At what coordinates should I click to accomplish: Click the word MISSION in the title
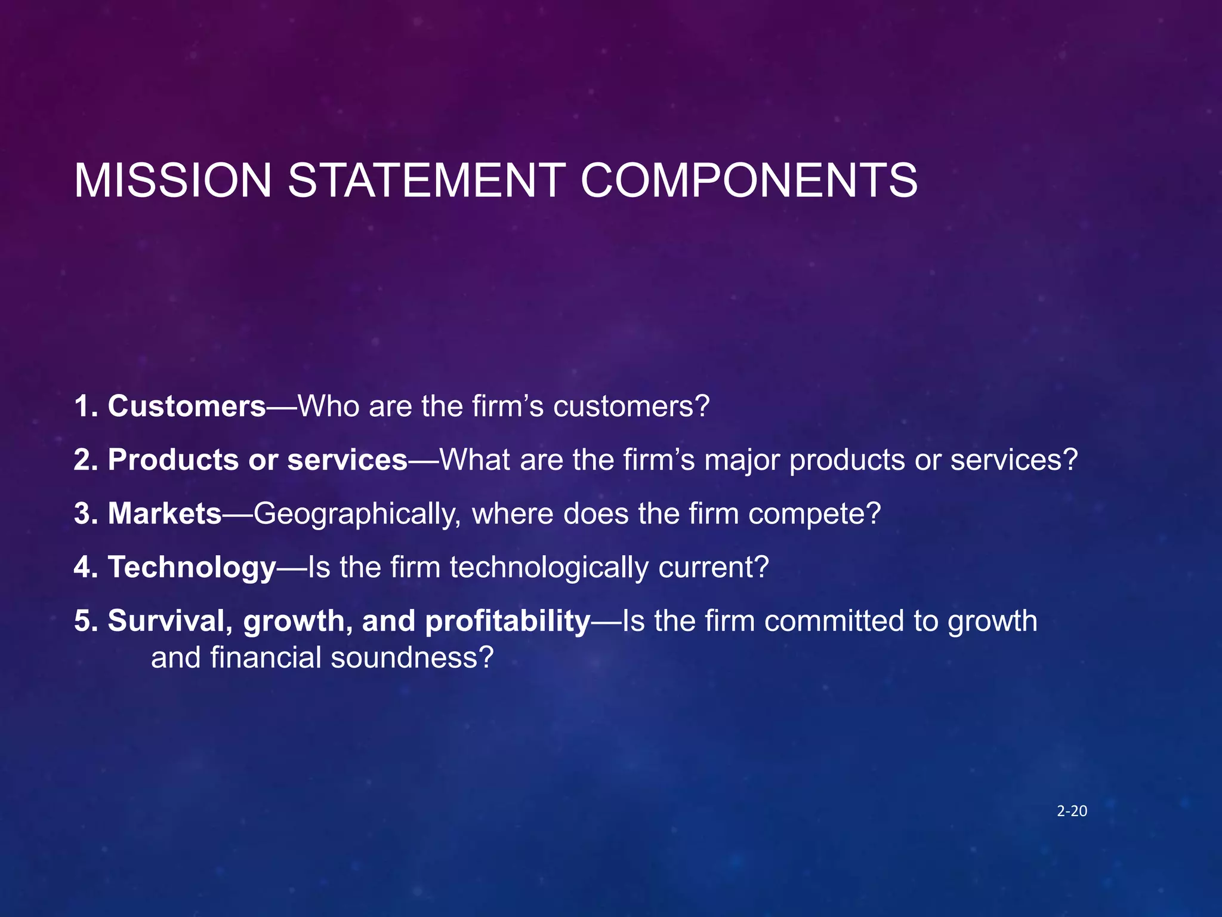173,180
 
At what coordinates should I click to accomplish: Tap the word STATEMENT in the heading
427,180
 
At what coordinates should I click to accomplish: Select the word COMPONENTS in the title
749,180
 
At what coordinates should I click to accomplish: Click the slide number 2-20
1072,811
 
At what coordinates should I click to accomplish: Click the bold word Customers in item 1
187,406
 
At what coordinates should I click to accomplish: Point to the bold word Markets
165,513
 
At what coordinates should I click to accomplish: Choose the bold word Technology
192,567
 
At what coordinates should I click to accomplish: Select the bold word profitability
507,621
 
